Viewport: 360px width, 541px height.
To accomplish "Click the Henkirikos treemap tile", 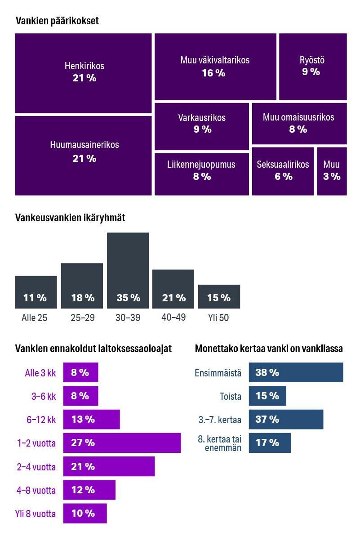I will (83, 73).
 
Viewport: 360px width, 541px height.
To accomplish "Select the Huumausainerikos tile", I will (83, 156).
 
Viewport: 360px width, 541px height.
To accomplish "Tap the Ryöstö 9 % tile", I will (313, 66).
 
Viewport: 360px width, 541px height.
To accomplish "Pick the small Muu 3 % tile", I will (332, 171).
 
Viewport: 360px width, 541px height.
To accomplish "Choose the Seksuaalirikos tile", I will (283, 171).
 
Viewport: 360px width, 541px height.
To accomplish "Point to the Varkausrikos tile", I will (202, 126).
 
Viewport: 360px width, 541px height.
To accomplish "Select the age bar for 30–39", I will (128, 270).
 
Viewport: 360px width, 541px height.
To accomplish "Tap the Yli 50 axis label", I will (219, 318).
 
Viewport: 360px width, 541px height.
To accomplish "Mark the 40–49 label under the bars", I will (173, 317).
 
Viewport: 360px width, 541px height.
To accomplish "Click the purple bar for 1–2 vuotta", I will (122, 443).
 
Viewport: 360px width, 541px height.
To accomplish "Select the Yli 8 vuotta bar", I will (85, 513).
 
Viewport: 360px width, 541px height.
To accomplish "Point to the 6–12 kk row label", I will (41, 420).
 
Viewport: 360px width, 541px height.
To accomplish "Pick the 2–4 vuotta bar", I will (109, 466).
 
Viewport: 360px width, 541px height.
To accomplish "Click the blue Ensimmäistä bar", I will (296, 372).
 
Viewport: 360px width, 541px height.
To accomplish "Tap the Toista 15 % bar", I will (267, 396).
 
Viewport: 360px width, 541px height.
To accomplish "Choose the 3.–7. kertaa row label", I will (219, 420).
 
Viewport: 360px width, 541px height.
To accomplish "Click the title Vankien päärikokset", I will (57, 21).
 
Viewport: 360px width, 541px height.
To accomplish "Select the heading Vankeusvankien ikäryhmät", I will (70, 218).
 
